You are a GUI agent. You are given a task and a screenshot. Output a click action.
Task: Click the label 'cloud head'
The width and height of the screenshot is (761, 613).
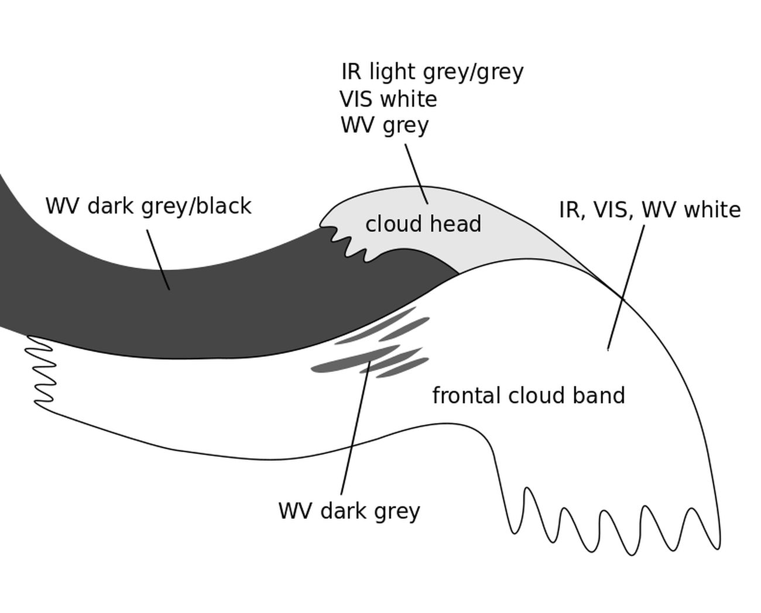pyautogui.click(x=423, y=224)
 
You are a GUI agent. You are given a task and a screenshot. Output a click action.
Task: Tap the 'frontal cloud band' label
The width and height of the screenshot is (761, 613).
pyautogui.click(x=528, y=396)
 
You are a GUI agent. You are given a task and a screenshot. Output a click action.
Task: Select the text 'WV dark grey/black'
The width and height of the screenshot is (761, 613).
pyautogui.click(x=148, y=206)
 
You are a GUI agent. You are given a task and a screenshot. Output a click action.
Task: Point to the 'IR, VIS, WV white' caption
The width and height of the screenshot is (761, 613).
pyautogui.click(x=650, y=210)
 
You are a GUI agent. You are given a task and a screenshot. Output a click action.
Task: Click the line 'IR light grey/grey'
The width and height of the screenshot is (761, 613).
pyautogui.click(x=432, y=72)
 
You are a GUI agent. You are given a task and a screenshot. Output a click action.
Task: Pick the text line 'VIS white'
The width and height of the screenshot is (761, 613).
pyautogui.click(x=388, y=99)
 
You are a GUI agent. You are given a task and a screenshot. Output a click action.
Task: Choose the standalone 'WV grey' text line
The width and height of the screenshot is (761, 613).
pyautogui.click(x=385, y=125)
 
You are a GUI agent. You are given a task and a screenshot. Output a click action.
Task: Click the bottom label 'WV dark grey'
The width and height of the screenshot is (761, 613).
pyautogui.click(x=349, y=511)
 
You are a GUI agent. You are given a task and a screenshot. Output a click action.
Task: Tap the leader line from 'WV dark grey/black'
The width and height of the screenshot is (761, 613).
pyautogui.click(x=158, y=259)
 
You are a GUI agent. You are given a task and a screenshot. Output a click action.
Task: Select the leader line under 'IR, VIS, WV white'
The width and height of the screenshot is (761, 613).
pyautogui.click(x=626, y=287)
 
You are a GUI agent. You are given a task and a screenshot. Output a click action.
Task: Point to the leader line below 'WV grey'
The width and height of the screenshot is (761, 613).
pyautogui.click(x=416, y=174)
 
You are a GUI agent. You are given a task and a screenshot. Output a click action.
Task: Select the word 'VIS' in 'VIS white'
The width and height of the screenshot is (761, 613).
pyautogui.click(x=355, y=99)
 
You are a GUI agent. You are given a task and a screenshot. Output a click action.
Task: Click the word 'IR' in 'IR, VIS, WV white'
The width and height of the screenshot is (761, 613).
pyautogui.click(x=568, y=210)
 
